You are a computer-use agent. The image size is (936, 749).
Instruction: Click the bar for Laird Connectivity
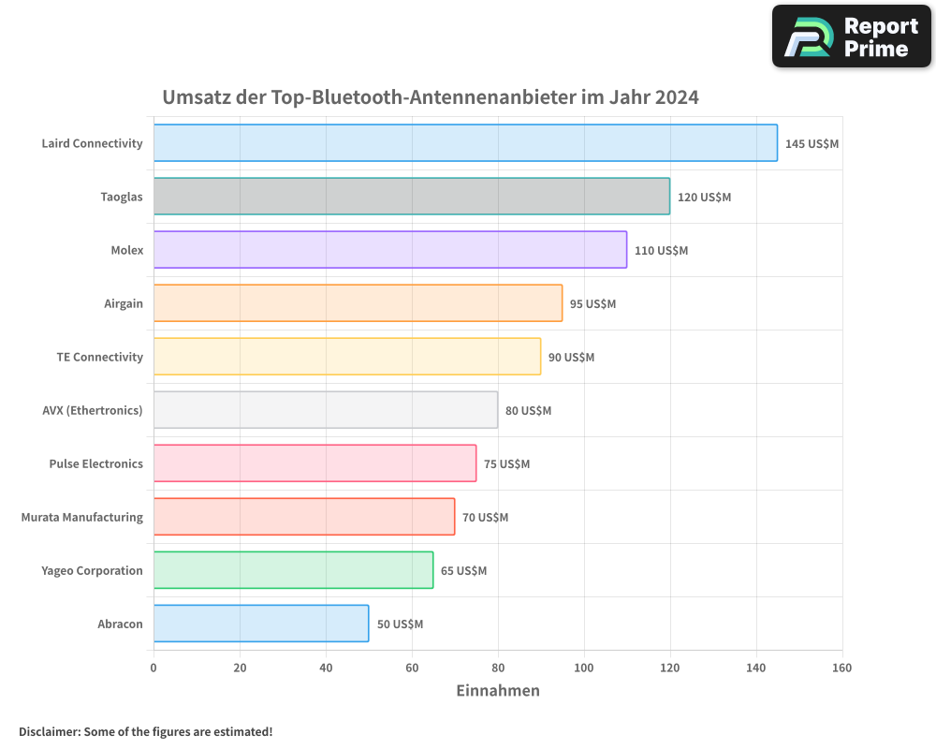pos(465,143)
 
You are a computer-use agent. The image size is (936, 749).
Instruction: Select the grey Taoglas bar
pos(412,197)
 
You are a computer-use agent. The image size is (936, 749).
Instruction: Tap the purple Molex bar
pos(390,250)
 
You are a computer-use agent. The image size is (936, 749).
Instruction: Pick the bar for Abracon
pos(261,624)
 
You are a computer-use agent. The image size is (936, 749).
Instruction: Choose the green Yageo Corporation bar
pos(293,570)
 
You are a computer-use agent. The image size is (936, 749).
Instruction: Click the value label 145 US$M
pos(812,144)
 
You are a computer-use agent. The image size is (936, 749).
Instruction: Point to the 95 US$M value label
pos(592,304)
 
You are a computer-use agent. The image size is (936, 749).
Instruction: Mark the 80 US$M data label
pos(528,411)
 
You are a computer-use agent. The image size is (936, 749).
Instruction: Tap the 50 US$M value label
pos(400,624)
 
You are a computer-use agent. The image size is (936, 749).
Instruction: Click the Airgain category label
pos(124,303)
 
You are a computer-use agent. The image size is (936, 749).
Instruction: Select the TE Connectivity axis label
pos(99,357)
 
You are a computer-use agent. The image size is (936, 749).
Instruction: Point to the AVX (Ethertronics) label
pos(93,410)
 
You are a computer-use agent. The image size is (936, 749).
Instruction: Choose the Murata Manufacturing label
pos(82,517)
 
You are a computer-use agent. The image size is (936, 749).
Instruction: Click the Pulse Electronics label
pos(95,463)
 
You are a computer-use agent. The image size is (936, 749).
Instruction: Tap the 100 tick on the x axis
pos(584,668)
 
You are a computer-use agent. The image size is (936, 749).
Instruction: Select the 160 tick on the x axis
pos(841,668)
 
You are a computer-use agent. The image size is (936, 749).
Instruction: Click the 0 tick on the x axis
pos(154,668)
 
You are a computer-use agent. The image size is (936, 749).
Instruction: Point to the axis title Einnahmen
pos(498,691)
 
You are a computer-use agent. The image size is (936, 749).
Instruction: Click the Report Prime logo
pos(852,37)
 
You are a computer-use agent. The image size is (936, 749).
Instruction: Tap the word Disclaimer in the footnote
pos(48,731)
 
